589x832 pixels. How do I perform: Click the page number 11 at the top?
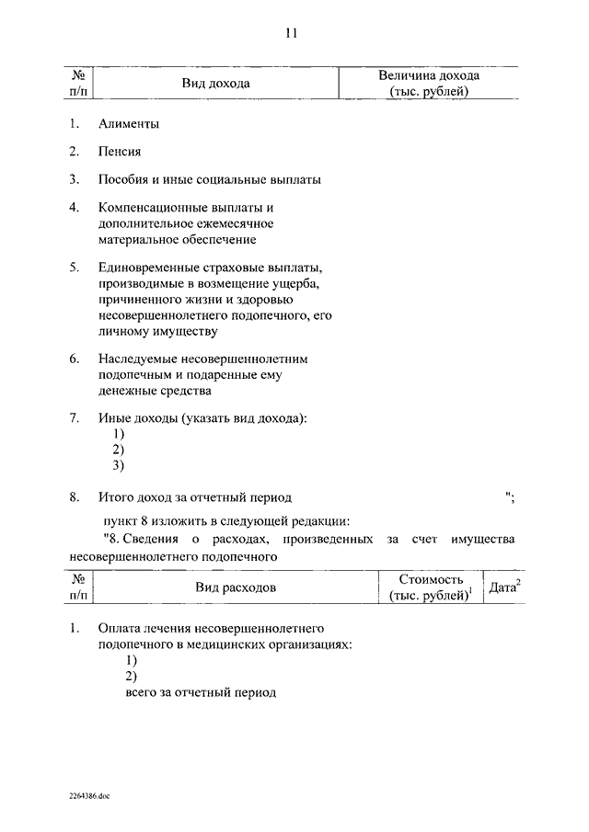pos(291,35)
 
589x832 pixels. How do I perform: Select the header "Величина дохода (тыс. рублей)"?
pos(429,84)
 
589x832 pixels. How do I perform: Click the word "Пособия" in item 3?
pos(124,179)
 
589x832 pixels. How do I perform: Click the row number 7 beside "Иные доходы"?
pos(74,418)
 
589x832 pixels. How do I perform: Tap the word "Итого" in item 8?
pos(116,497)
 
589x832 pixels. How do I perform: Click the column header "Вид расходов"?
pos(235,587)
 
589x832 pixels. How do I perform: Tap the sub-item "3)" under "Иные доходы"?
pos(118,465)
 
